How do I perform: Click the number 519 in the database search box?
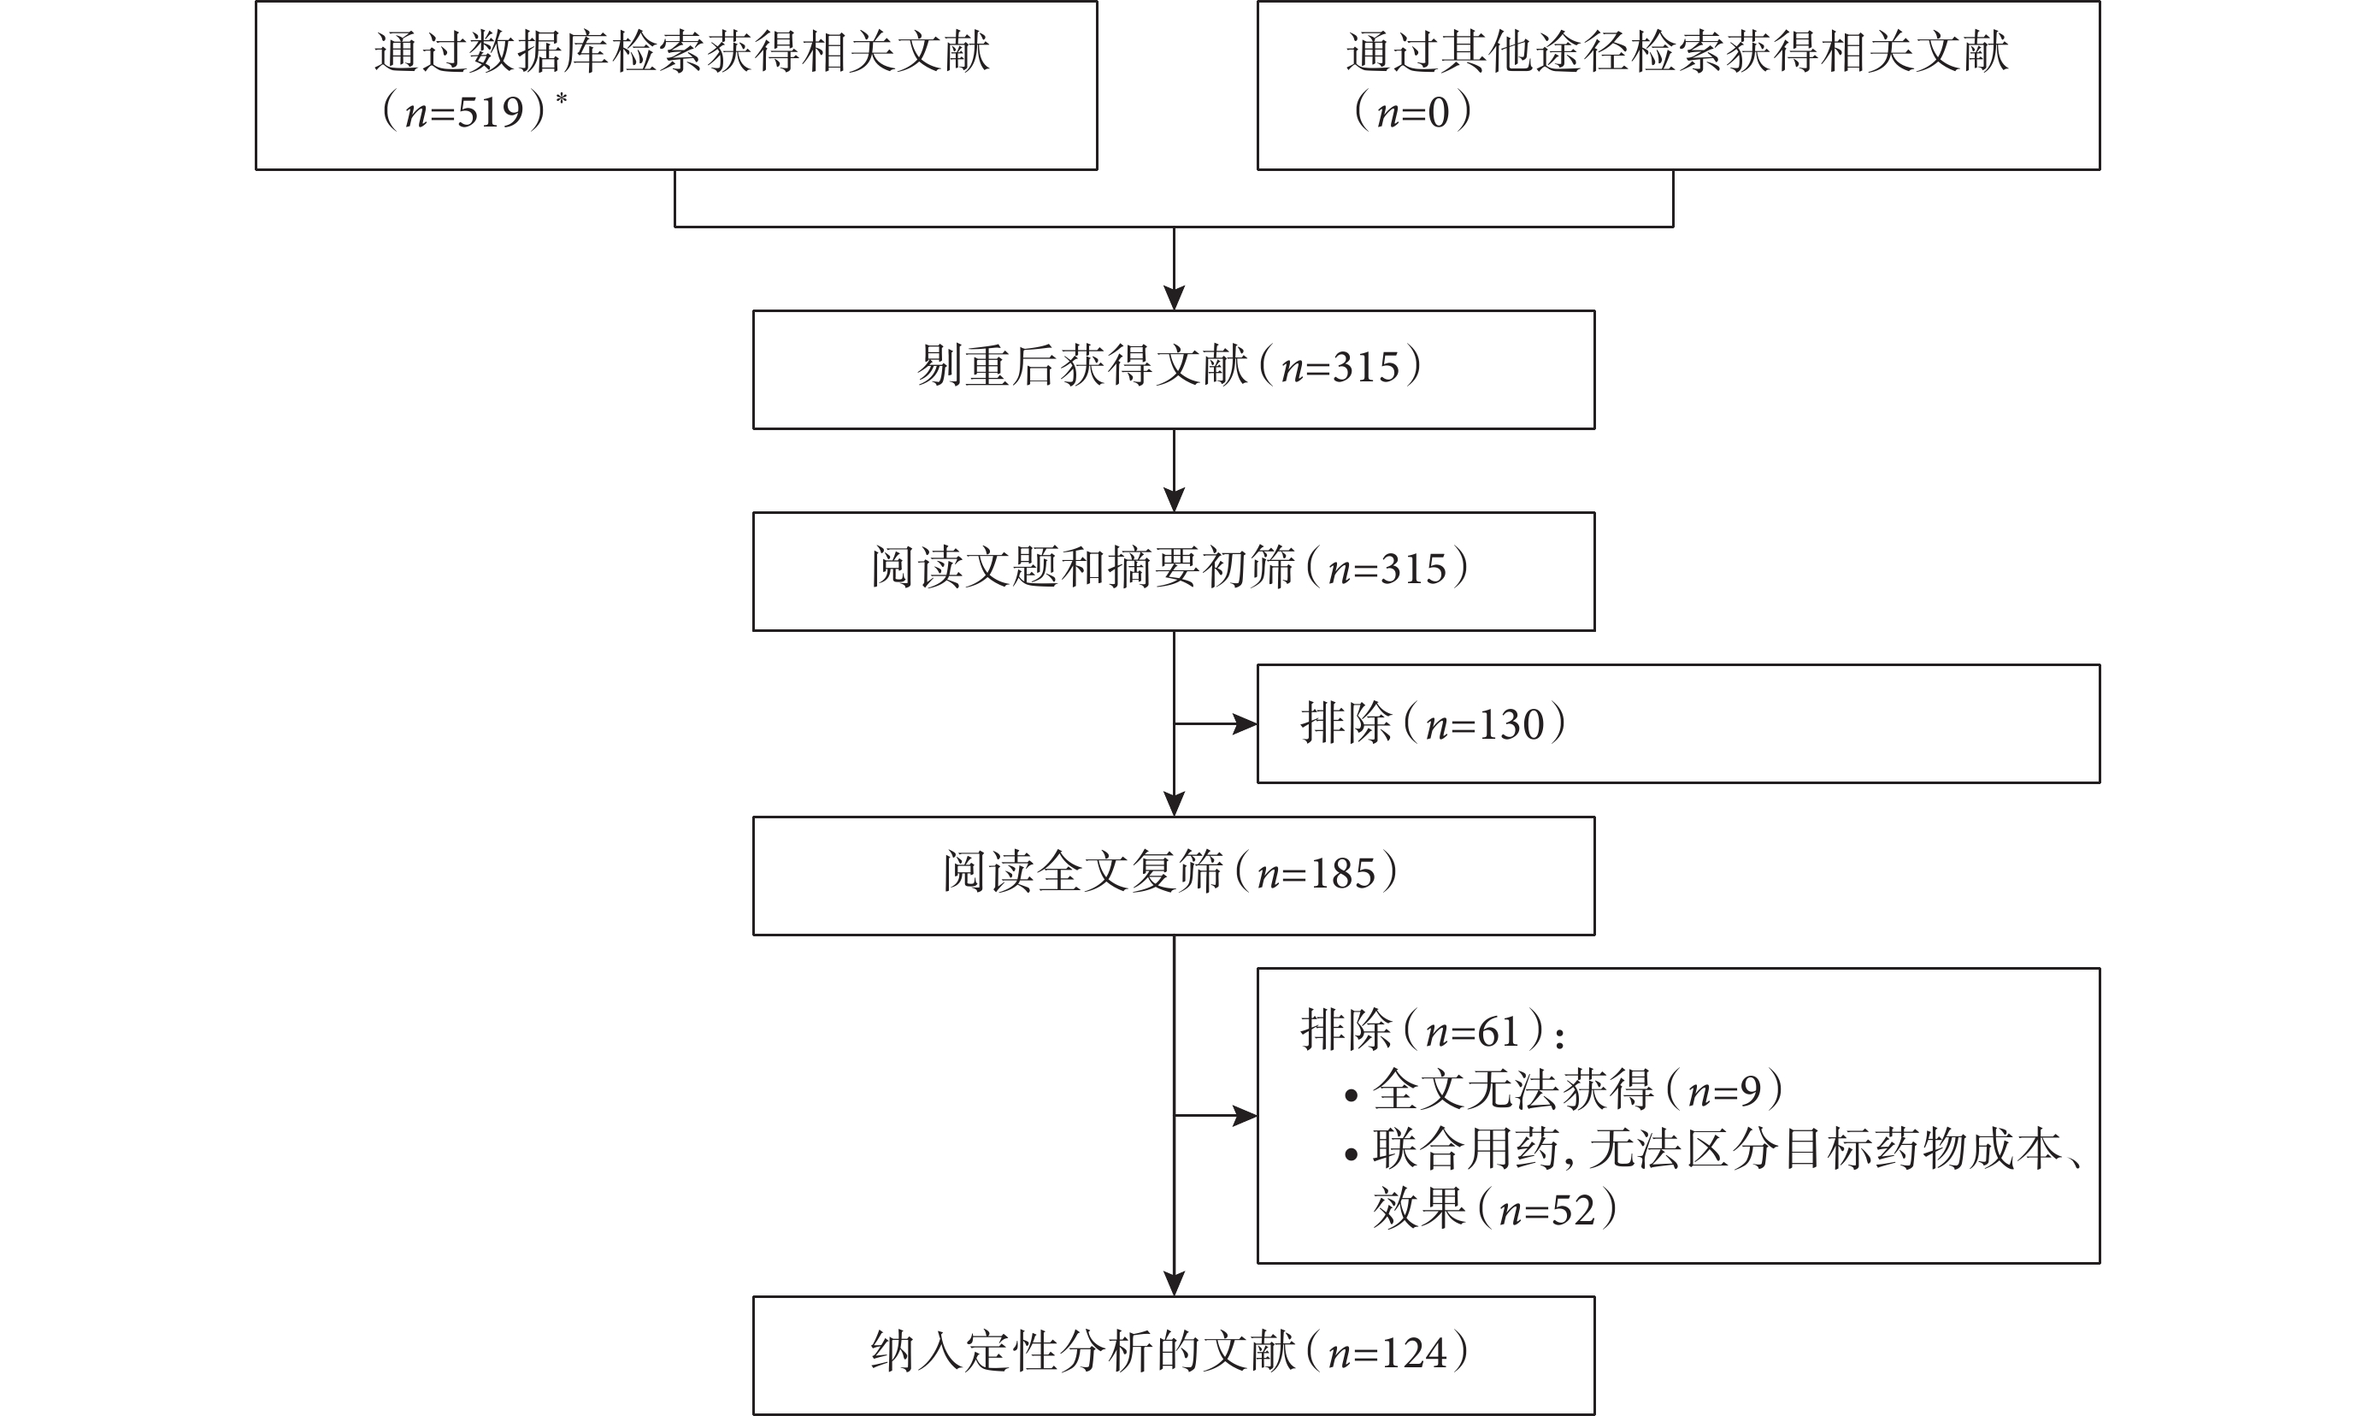pyautogui.click(x=492, y=113)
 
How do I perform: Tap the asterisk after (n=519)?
pyautogui.click(x=562, y=99)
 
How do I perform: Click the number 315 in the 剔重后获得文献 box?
pyautogui.click(x=1366, y=368)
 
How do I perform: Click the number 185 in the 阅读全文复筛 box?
pyautogui.click(x=1342, y=874)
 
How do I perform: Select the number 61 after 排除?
pyautogui.click(x=1499, y=1031)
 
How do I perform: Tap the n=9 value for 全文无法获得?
pyautogui.click(x=1723, y=1090)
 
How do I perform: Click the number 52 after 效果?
pyautogui.click(x=1573, y=1210)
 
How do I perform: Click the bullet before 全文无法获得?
pyautogui.click(x=1351, y=1096)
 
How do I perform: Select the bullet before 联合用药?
pyautogui.click(x=1351, y=1155)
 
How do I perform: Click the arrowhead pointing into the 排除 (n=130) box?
pyautogui.click(x=1245, y=724)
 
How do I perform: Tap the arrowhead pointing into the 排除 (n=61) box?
pyautogui.click(x=1245, y=1115)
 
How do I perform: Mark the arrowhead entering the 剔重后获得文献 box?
pyautogui.click(x=1175, y=298)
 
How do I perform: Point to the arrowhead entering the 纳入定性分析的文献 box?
pyautogui.click(x=1175, y=1283)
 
